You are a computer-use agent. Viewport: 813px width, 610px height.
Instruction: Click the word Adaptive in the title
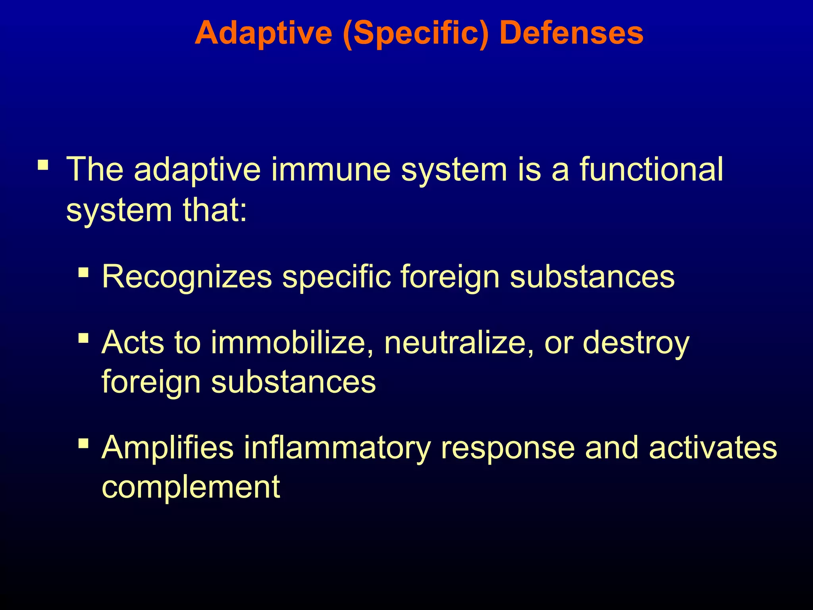coord(263,33)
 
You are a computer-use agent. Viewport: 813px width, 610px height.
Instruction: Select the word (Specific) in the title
coord(415,34)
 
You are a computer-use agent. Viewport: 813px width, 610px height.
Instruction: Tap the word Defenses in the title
coord(571,33)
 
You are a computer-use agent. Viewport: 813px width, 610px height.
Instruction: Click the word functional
coord(651,170)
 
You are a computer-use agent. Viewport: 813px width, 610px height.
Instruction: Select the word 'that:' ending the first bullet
coord(214,210)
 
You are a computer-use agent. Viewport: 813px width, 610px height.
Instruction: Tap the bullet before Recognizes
coord(83,272)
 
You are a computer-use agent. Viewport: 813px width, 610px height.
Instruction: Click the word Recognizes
coord(187,277)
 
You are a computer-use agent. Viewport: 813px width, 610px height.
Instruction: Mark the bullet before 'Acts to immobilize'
coord(83,338)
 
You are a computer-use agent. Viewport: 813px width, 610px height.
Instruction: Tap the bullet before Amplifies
coord(83,443)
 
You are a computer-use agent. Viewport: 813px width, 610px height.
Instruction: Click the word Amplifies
coord(168,448)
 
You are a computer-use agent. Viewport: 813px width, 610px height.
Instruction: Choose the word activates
coord(713,448)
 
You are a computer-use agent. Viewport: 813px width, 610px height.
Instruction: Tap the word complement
coord(191,487)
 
